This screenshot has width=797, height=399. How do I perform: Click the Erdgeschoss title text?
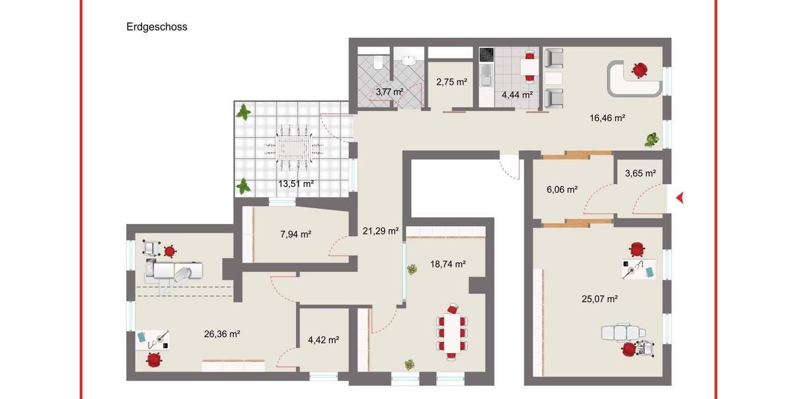[157, 27]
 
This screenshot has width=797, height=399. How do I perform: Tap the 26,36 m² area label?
[221, 334]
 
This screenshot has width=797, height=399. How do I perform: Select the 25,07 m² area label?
[599, 299]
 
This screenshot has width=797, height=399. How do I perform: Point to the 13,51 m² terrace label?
[296, 184]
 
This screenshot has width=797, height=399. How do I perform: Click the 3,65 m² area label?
[640, 174]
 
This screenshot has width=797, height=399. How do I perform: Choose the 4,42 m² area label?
[323, 340]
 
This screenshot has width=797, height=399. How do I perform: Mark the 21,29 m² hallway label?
[381, 231]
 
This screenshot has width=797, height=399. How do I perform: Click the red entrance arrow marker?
[679, 197]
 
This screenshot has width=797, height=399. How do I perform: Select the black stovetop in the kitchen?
[486, 55]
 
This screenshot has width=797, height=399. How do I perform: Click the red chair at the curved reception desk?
[640, 68]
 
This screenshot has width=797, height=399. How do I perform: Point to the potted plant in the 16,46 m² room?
[652, 140]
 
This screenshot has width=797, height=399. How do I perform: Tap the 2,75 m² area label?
[452, 82]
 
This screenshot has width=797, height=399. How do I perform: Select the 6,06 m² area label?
[561, 190]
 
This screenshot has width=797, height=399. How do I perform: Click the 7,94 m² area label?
[296, 233]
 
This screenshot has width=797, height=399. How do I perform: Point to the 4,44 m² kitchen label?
[517, 95]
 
